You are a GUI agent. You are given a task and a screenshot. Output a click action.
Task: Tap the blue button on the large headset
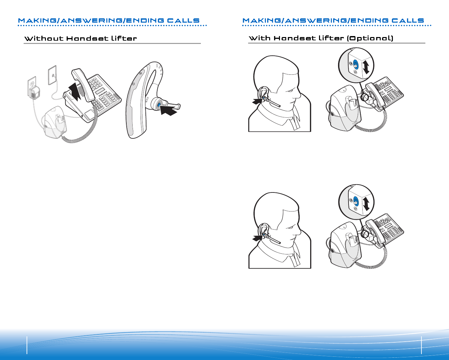coord(159,105)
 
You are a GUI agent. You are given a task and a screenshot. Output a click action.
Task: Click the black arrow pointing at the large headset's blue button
coord(169,110)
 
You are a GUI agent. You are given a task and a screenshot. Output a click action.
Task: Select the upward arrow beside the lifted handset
coord(75,91)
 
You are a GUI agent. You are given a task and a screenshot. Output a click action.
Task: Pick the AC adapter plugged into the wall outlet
coord(34,92)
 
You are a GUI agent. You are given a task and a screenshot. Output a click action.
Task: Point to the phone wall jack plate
coord(52,75)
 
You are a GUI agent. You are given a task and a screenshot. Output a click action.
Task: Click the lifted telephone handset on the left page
coord(83,84)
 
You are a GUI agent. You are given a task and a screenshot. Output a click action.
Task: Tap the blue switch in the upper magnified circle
coord(356,65)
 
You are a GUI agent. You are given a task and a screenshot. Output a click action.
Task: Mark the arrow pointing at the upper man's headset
coord(257,102)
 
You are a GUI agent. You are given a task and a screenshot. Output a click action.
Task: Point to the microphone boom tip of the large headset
coord(179,106)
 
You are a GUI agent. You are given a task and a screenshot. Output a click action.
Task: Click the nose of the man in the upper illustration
coord(298,95)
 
